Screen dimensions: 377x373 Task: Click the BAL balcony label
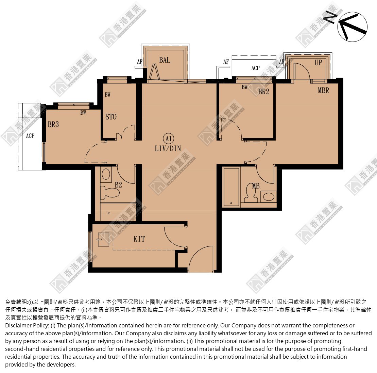tap(165, 60)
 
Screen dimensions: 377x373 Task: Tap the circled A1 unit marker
tap(169, 139)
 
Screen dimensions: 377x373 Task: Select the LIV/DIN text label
tap(168, 148)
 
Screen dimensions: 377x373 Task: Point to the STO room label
tap(111, 117)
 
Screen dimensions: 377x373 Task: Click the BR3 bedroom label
tap(53, 124)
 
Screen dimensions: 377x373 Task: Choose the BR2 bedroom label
tap(264, 92)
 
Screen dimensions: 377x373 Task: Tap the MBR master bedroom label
tap(323, 90)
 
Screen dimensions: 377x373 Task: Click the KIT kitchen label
tap(139, 239)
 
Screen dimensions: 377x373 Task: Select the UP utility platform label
tap(319, 63)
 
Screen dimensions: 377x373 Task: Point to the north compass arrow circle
tap(353, 27)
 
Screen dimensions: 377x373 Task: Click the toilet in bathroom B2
tap(110, 192)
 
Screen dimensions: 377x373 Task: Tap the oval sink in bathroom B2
tap(106, 174)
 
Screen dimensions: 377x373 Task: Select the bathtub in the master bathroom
tap(231, 187)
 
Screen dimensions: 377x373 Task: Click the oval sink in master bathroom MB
tap(269, 197)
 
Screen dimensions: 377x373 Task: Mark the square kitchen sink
tap(103, 240)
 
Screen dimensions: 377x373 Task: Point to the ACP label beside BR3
tap(30, 136)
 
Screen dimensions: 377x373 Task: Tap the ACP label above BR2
tap(255, 68)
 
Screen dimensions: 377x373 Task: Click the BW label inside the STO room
tap(107, 95)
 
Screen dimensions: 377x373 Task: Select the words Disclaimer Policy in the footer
tap(27, 326)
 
